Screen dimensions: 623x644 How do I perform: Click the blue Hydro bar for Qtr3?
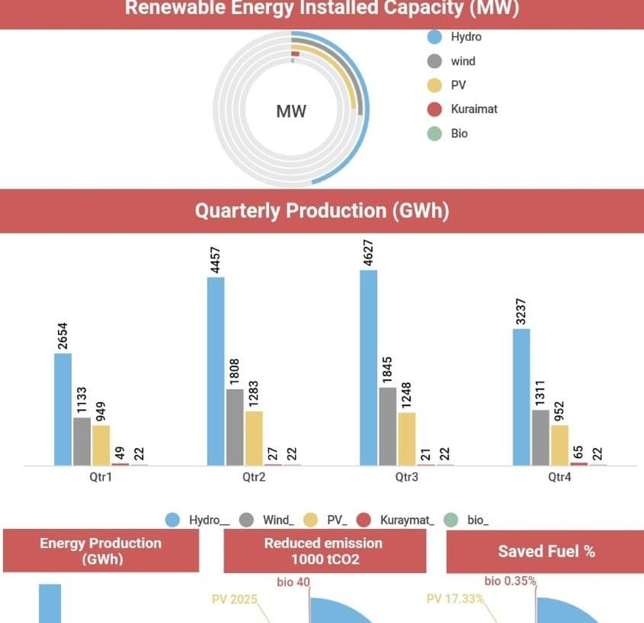click(368, 368)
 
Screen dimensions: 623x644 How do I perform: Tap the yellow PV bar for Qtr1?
click(101, 445)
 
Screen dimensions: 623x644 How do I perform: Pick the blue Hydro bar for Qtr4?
click(521, 397)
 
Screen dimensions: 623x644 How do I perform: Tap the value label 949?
click(101, 408)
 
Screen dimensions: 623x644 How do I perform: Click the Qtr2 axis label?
click(254, 477)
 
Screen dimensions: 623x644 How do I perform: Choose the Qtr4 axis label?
click(559, 477)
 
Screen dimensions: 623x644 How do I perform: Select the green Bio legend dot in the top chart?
click(435, 134)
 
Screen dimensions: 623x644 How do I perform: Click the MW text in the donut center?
click(291, 112)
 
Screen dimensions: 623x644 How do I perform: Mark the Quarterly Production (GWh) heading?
click(322, 211)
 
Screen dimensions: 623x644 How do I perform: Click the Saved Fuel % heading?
click(546, 551)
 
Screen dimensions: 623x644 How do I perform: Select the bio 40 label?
click(293, 582)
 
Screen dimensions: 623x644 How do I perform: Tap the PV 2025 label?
click(235, 599)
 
